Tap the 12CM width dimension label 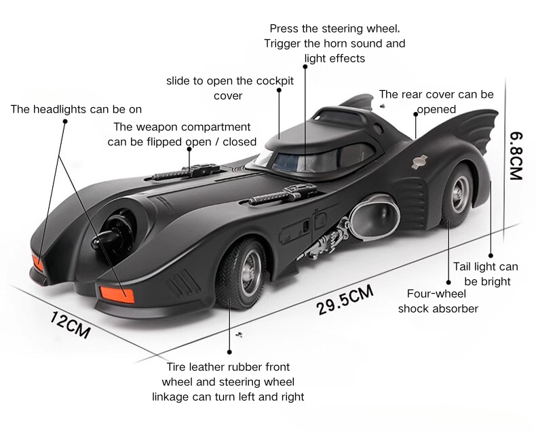pyautogui.click(x=70, y=324)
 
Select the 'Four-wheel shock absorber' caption pyautogui.click(x=438, y=301)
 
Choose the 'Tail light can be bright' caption pyautogui.click(x=485, y=273)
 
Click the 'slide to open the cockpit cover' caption pyautogui.click(x=229, y=88)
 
